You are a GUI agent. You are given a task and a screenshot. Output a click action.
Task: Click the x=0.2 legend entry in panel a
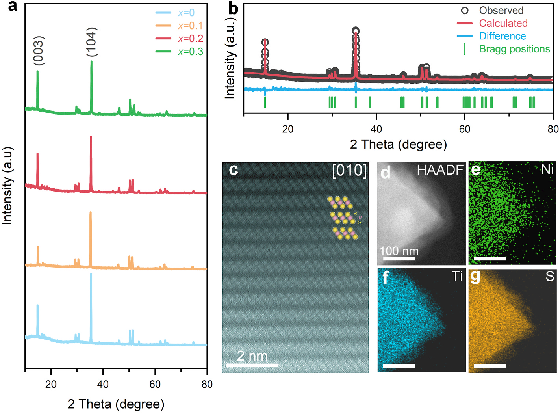click(190, 39)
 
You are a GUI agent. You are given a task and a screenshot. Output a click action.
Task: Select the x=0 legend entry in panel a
click(186, 13)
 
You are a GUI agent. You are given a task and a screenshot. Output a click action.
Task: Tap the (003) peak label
click(39, 50)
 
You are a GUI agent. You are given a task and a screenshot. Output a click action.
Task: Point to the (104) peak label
click(91, 42)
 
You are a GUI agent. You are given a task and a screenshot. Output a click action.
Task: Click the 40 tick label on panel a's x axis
click(103, 384)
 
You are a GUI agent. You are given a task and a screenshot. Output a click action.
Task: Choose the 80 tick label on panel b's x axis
click(553, 129)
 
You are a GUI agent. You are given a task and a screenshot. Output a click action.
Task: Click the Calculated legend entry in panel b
click(503, 23)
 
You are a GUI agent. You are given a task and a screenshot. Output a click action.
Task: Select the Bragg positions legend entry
click(514, 49)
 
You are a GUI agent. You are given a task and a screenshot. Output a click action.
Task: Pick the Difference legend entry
click(502, 36)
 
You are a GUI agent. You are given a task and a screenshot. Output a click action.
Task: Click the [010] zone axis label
click(349, 170)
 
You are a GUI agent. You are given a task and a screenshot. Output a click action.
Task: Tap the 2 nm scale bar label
click(252, 356)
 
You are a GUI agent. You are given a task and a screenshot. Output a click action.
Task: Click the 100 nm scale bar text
click(399, 251)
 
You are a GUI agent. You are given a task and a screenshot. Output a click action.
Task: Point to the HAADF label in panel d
click(440, 170)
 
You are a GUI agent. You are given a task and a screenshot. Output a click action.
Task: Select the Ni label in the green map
click(547, 169)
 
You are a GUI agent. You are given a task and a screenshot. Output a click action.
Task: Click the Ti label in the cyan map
click(457, 276)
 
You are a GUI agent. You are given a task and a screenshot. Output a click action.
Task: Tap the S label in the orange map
click(550, 276)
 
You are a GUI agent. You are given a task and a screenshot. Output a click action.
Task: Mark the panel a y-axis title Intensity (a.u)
click(7, 185)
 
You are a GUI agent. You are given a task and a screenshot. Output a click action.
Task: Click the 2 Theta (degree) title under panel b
click(398, 144)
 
